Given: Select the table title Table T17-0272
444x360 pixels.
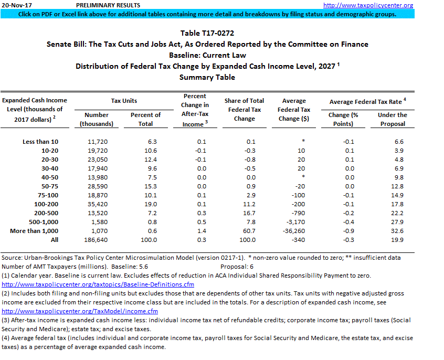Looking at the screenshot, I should pos(207,33).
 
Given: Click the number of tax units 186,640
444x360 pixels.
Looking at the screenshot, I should pos(97,240).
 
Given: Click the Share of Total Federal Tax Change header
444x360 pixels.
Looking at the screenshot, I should pos(244,109).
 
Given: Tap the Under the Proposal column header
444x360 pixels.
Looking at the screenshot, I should pos(393,119).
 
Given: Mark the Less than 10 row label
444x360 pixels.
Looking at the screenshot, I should pos(41,142).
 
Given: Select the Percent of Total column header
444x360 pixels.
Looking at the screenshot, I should pos(145,119).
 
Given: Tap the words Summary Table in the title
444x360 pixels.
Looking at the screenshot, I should pos(207,77).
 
